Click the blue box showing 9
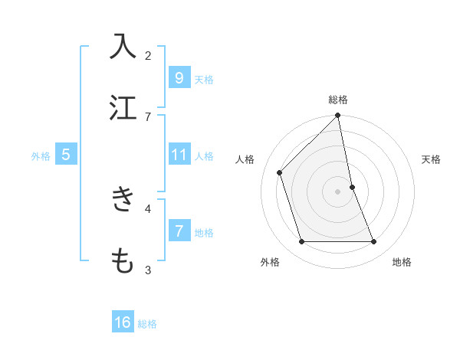(179, 77)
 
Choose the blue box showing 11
(179, 155)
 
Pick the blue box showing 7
(179, 231)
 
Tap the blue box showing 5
(66, 155)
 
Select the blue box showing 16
(123, 322)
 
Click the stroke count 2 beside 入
(148, 55)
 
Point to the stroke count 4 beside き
(148, 208)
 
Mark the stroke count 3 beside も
(148, 270)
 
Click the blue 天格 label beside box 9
(204, 80)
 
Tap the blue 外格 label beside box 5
(41, 156)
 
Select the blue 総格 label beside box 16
(147, 324)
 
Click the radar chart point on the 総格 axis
(338, 116)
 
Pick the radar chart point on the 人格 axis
(280, 172)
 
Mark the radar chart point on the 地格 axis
(374, 242)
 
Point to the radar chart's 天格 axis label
(431, 159)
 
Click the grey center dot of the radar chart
(338, 191)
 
